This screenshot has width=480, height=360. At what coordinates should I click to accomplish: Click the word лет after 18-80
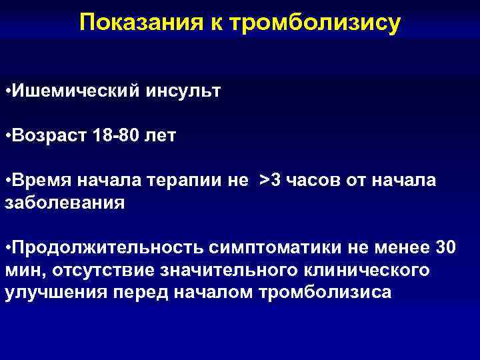[x=161, y=136]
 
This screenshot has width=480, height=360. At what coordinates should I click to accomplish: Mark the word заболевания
[x=65, y=202]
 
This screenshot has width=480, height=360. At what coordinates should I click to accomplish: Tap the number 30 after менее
[x=445, y=248]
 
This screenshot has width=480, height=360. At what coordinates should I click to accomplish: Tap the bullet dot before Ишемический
[x=7, y=90]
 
